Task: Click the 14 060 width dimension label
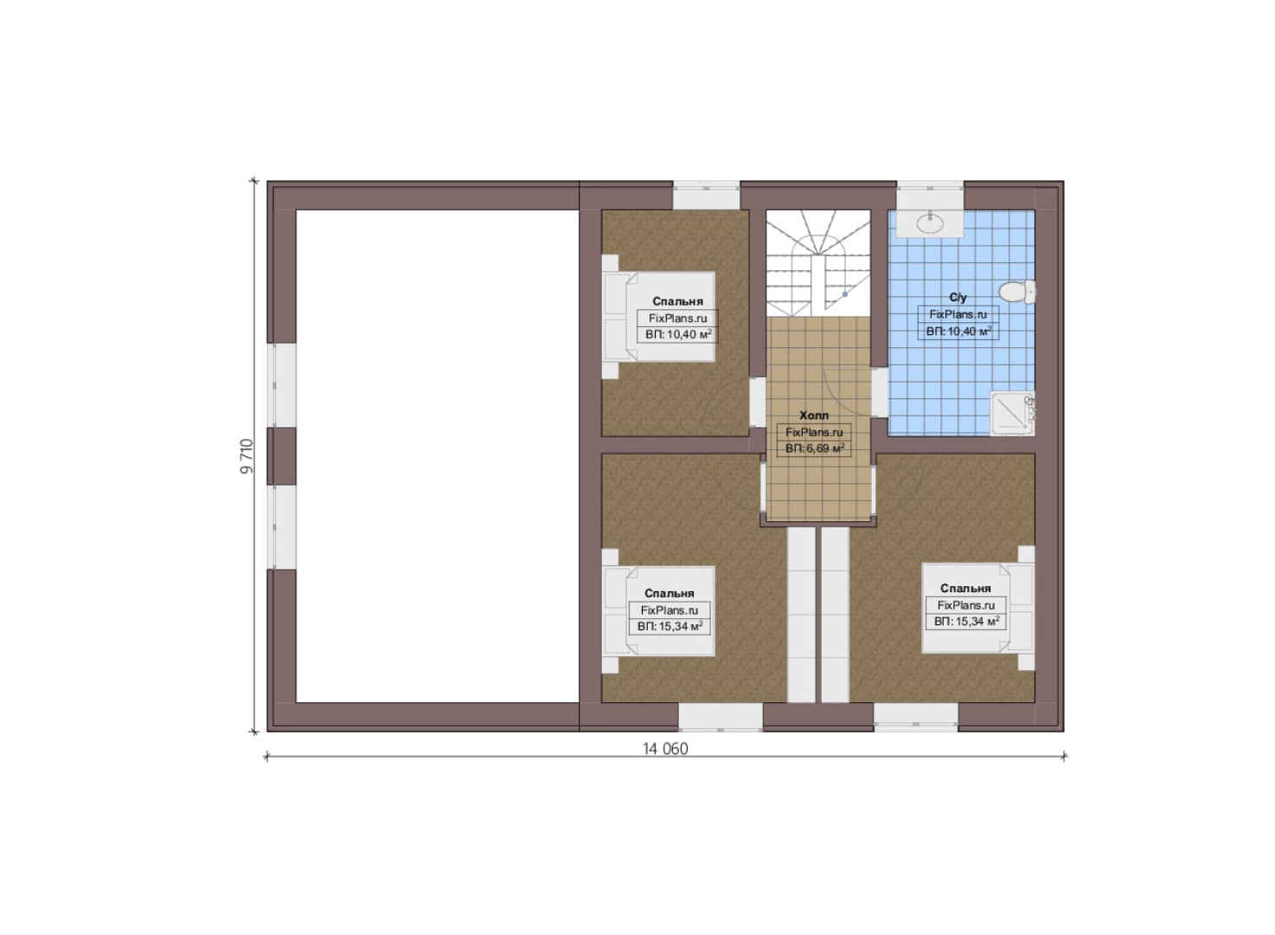(665, 749)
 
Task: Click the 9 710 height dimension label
(247, 456)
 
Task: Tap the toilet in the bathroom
(1017, 293)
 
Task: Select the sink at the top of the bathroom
(930, 223)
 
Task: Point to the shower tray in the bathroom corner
(1012, 414)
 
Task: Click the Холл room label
(814, 416)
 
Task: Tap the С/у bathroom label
(958, 298)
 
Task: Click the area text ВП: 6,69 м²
(814, 448)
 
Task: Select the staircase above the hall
(818, 262)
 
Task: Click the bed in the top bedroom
(658, 316)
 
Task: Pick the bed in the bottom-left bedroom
(658, 611)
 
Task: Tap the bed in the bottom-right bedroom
(978, 608)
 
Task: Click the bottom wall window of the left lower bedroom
(720, 718)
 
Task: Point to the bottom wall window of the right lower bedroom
(915, 718)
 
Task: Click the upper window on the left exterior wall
(282, 385)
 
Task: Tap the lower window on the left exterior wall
(282, 527)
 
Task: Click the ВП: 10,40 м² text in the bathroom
(958, 331)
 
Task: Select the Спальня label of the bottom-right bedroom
(965, 588)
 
